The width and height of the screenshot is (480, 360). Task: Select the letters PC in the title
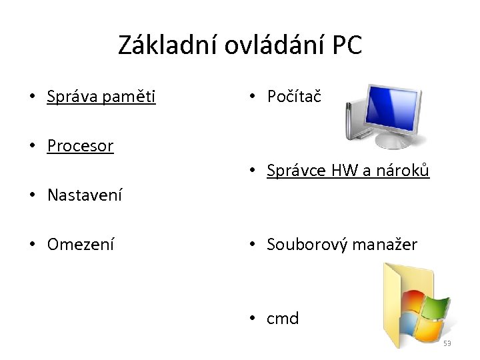(346, 45)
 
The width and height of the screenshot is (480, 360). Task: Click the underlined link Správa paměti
(101, 97)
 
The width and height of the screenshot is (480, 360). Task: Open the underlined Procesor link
(80, 146)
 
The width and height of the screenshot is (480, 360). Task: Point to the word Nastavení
(85, 195)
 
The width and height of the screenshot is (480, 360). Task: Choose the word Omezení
(80, 245)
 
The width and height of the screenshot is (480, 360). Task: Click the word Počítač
(294, 97)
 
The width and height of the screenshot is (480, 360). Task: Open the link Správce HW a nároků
(348, 171)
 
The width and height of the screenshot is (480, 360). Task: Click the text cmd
(283, 319)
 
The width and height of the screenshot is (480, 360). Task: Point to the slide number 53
(447, 344)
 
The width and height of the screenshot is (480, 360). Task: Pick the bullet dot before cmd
(252, 319)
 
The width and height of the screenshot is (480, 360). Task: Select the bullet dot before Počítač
(252, 97)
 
